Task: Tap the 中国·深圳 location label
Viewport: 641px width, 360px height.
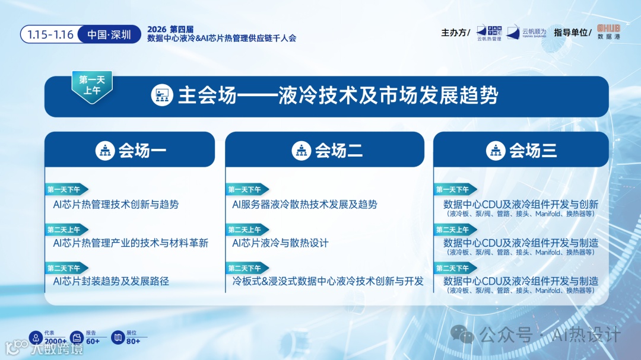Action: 109,34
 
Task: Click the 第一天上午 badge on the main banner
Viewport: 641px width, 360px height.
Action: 91,85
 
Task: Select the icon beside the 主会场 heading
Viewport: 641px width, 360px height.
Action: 161,95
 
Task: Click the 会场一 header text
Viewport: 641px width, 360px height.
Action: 142,151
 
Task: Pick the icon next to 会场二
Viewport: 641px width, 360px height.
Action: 302,151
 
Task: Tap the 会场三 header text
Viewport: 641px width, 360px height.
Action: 533,151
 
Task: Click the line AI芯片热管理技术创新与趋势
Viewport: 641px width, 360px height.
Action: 116,205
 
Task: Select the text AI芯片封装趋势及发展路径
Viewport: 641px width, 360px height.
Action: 111,281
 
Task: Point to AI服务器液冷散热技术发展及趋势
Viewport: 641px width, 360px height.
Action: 304,205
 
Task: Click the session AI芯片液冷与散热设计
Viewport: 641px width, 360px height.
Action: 280,243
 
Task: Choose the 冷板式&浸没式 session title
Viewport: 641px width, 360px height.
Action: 328,281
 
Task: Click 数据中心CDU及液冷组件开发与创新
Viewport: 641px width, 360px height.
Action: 521,205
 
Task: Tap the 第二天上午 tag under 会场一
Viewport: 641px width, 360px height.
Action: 66,230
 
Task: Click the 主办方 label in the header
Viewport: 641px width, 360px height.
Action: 455,33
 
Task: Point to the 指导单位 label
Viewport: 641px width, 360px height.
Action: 573,33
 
